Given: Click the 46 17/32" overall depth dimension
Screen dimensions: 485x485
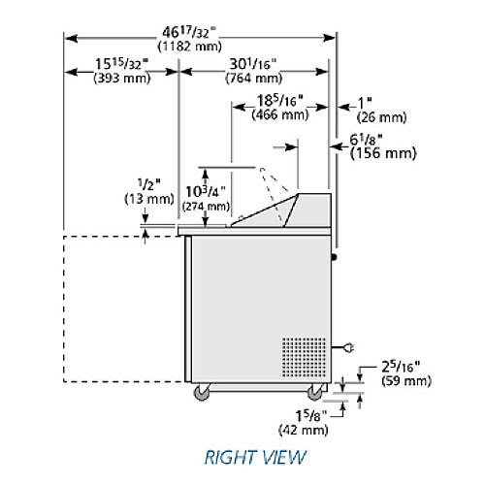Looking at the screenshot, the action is point(189,33).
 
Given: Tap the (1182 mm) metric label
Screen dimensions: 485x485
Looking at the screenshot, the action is point(189,47).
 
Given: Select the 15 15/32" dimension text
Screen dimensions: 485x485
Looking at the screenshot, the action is point(121,64).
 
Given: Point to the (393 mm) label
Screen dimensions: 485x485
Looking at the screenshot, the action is point(122,79).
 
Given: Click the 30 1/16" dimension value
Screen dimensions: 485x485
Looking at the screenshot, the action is point(253,64).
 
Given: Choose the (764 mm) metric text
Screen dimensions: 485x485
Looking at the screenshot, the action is point(254,79).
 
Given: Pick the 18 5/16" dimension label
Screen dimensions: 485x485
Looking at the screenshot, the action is point(280,101).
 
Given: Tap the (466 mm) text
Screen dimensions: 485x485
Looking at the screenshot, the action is point(280,114).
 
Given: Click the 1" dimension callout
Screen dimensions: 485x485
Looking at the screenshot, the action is point(365,103).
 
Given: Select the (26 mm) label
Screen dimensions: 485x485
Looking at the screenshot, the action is point(381,117).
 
